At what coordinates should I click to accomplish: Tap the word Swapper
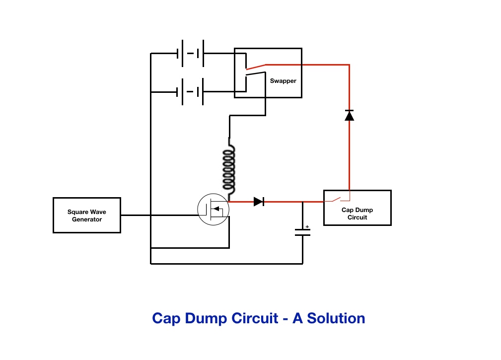coord(283,81)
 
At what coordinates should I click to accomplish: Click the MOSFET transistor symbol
coord(213,210)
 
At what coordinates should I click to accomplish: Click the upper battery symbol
coord(191,53)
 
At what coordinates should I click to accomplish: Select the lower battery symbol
coord(191,92)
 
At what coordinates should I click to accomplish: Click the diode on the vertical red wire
coord(349,115)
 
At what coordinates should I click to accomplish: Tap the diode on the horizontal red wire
coord(259,202)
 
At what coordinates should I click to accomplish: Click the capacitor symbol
coord(302,232)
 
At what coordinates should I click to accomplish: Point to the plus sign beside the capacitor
coord(307,226)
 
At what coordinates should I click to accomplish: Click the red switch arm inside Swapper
coord(256,67)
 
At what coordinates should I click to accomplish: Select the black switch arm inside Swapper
coord(256,74)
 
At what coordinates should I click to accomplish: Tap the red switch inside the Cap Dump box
coord(337,199)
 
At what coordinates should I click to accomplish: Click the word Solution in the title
coord(336,318)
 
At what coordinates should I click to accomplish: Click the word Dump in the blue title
coord(206,319)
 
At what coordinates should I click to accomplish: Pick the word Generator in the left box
coord(87,219)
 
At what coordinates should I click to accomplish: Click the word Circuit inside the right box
coord(357,217)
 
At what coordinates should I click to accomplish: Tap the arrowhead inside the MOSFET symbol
coord(216,209)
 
